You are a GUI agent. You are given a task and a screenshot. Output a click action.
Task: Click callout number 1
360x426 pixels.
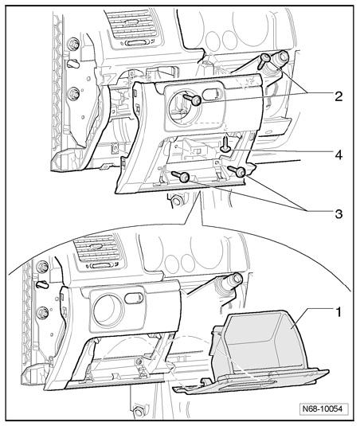(338, 312)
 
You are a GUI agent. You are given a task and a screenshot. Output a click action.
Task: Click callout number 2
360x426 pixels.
(338, 96)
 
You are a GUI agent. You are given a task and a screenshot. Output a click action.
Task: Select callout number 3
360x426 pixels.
(338, 214)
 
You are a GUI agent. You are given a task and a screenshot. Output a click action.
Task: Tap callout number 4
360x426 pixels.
(338, 155)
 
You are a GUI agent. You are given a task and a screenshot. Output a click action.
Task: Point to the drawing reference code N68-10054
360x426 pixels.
(323, 408)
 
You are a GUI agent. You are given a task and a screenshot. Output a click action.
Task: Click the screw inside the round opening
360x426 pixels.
(193, 100)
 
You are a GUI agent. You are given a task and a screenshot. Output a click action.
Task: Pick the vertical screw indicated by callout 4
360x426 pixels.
(225, 144)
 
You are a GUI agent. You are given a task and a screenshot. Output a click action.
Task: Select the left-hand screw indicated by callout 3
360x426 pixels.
(181, 176)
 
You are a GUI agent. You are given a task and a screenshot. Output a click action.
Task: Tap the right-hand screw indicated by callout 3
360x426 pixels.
(237, 171)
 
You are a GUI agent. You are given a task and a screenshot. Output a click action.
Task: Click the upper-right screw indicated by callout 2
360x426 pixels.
(264, 61)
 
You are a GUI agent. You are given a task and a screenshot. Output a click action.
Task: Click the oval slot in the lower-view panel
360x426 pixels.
(134, 299)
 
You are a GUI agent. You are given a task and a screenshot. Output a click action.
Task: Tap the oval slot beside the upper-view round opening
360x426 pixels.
(213, 94)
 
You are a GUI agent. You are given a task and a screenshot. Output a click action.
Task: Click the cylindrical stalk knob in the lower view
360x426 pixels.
(230, 283)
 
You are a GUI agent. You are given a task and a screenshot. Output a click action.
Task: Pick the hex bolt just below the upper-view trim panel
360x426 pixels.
(176, 201)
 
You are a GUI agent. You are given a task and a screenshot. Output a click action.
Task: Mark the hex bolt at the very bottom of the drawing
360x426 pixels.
(139, 412)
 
